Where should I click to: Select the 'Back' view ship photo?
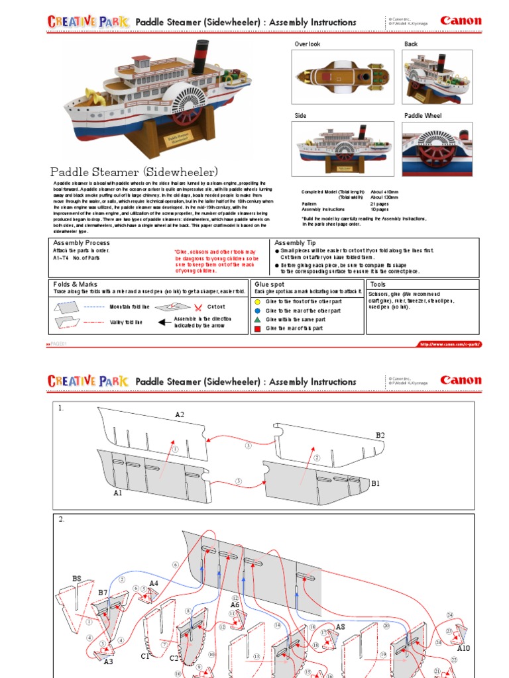pos(437,77)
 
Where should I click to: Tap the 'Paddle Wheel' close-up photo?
pos(437,148)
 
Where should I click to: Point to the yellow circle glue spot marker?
pos(257,301)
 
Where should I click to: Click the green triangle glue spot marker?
pos(257,319)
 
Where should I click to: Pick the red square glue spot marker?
pos(257,328)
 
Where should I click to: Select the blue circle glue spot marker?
pos(257,310)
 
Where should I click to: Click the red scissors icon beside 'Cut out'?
pos(198,307)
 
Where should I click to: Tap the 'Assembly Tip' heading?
pos(295,243)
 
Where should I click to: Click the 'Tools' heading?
pos(378,284)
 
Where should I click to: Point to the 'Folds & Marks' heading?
pos(75,284)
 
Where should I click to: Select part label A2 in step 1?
pos(180,414)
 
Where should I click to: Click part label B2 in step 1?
pos(380,435)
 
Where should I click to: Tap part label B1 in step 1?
pos(375,484)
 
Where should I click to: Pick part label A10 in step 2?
pos(463,648)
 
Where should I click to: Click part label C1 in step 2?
pos(145,656)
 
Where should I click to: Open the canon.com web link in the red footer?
pos(449,344)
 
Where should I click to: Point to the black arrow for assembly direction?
pos(162,322)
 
